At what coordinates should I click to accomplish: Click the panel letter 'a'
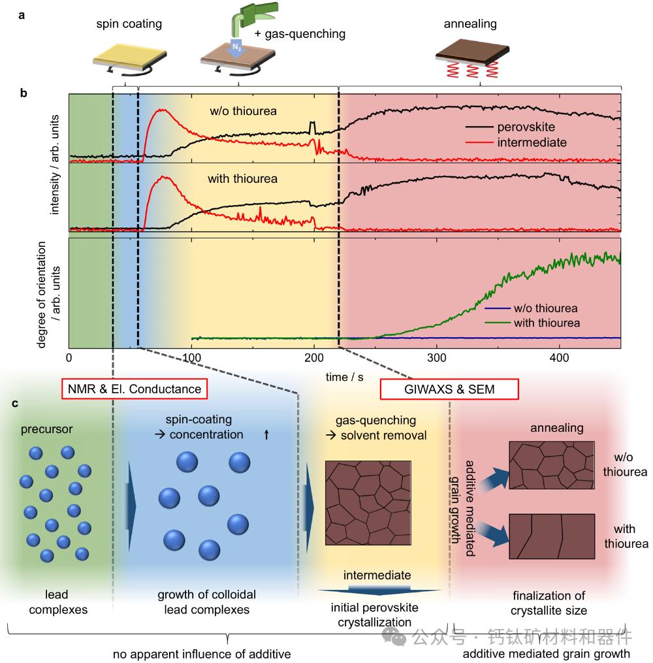22,16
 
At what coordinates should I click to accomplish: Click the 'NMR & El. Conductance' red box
135,389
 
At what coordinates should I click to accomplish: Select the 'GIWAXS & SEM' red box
449,389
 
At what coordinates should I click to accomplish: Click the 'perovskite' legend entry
522,127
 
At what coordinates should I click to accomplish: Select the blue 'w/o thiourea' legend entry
545,308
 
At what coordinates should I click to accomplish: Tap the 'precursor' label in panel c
47,430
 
